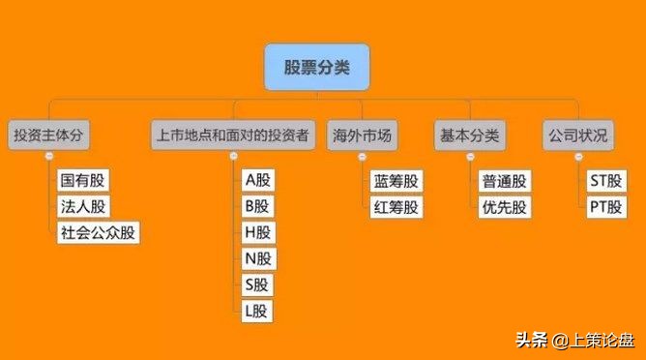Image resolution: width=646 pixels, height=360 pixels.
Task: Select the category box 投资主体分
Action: [49, 135]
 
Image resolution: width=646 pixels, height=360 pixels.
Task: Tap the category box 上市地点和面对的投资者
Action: [233, 135]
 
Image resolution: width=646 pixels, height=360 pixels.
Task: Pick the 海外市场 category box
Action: [360, 135]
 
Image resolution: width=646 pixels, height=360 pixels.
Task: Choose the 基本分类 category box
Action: [469, 135]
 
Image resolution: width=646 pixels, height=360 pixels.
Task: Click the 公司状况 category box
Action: [577, 135]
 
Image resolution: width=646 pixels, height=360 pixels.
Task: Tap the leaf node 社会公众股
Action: [98, 232]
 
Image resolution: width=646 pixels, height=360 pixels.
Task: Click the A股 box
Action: [258, 181]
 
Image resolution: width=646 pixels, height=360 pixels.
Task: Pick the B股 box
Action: [258, 206]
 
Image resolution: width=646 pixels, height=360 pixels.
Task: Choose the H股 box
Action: [258, 232]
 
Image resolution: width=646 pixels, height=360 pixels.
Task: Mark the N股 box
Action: [258, 258]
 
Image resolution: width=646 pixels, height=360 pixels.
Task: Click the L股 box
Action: [258, 311]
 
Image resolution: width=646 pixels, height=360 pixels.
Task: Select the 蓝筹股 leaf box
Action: [396, 181]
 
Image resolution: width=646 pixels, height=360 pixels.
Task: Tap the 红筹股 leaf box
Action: [396, 206]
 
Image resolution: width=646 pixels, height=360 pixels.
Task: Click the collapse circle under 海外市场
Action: [361, 157]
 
